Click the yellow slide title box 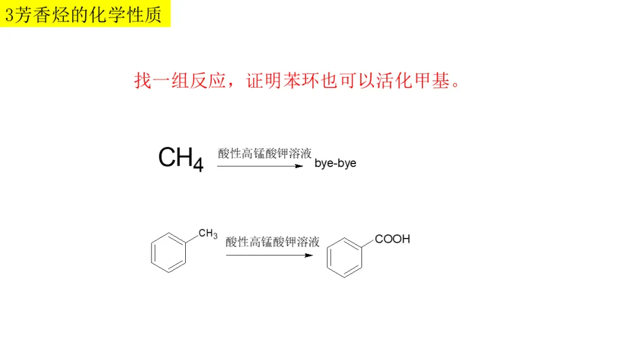tap(85, 14)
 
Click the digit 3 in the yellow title tap(9, 15)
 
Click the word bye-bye tap(335, 163)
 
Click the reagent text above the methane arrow tap(264, 154)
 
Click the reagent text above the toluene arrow tap(272, 242)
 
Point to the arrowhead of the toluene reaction tap(308, 255)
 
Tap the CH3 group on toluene tap(208, 234)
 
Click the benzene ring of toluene tap(169, 252)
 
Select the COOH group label tap(392, 239)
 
